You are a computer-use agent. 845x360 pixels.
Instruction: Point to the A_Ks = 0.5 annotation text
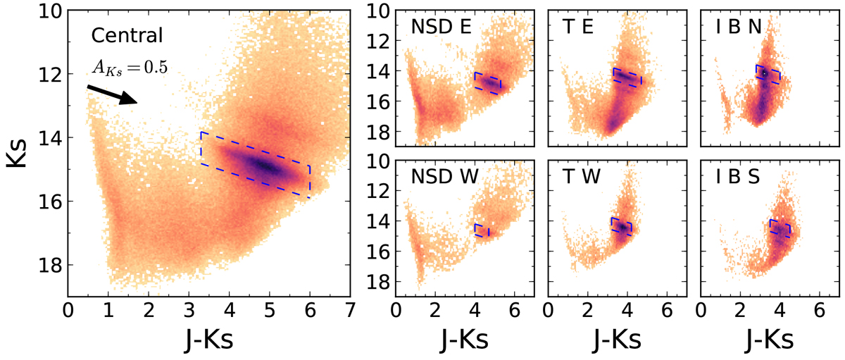point(130,66)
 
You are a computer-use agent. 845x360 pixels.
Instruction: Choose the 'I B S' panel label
point(728,178)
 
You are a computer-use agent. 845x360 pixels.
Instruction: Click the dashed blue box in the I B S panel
point(780,228)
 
